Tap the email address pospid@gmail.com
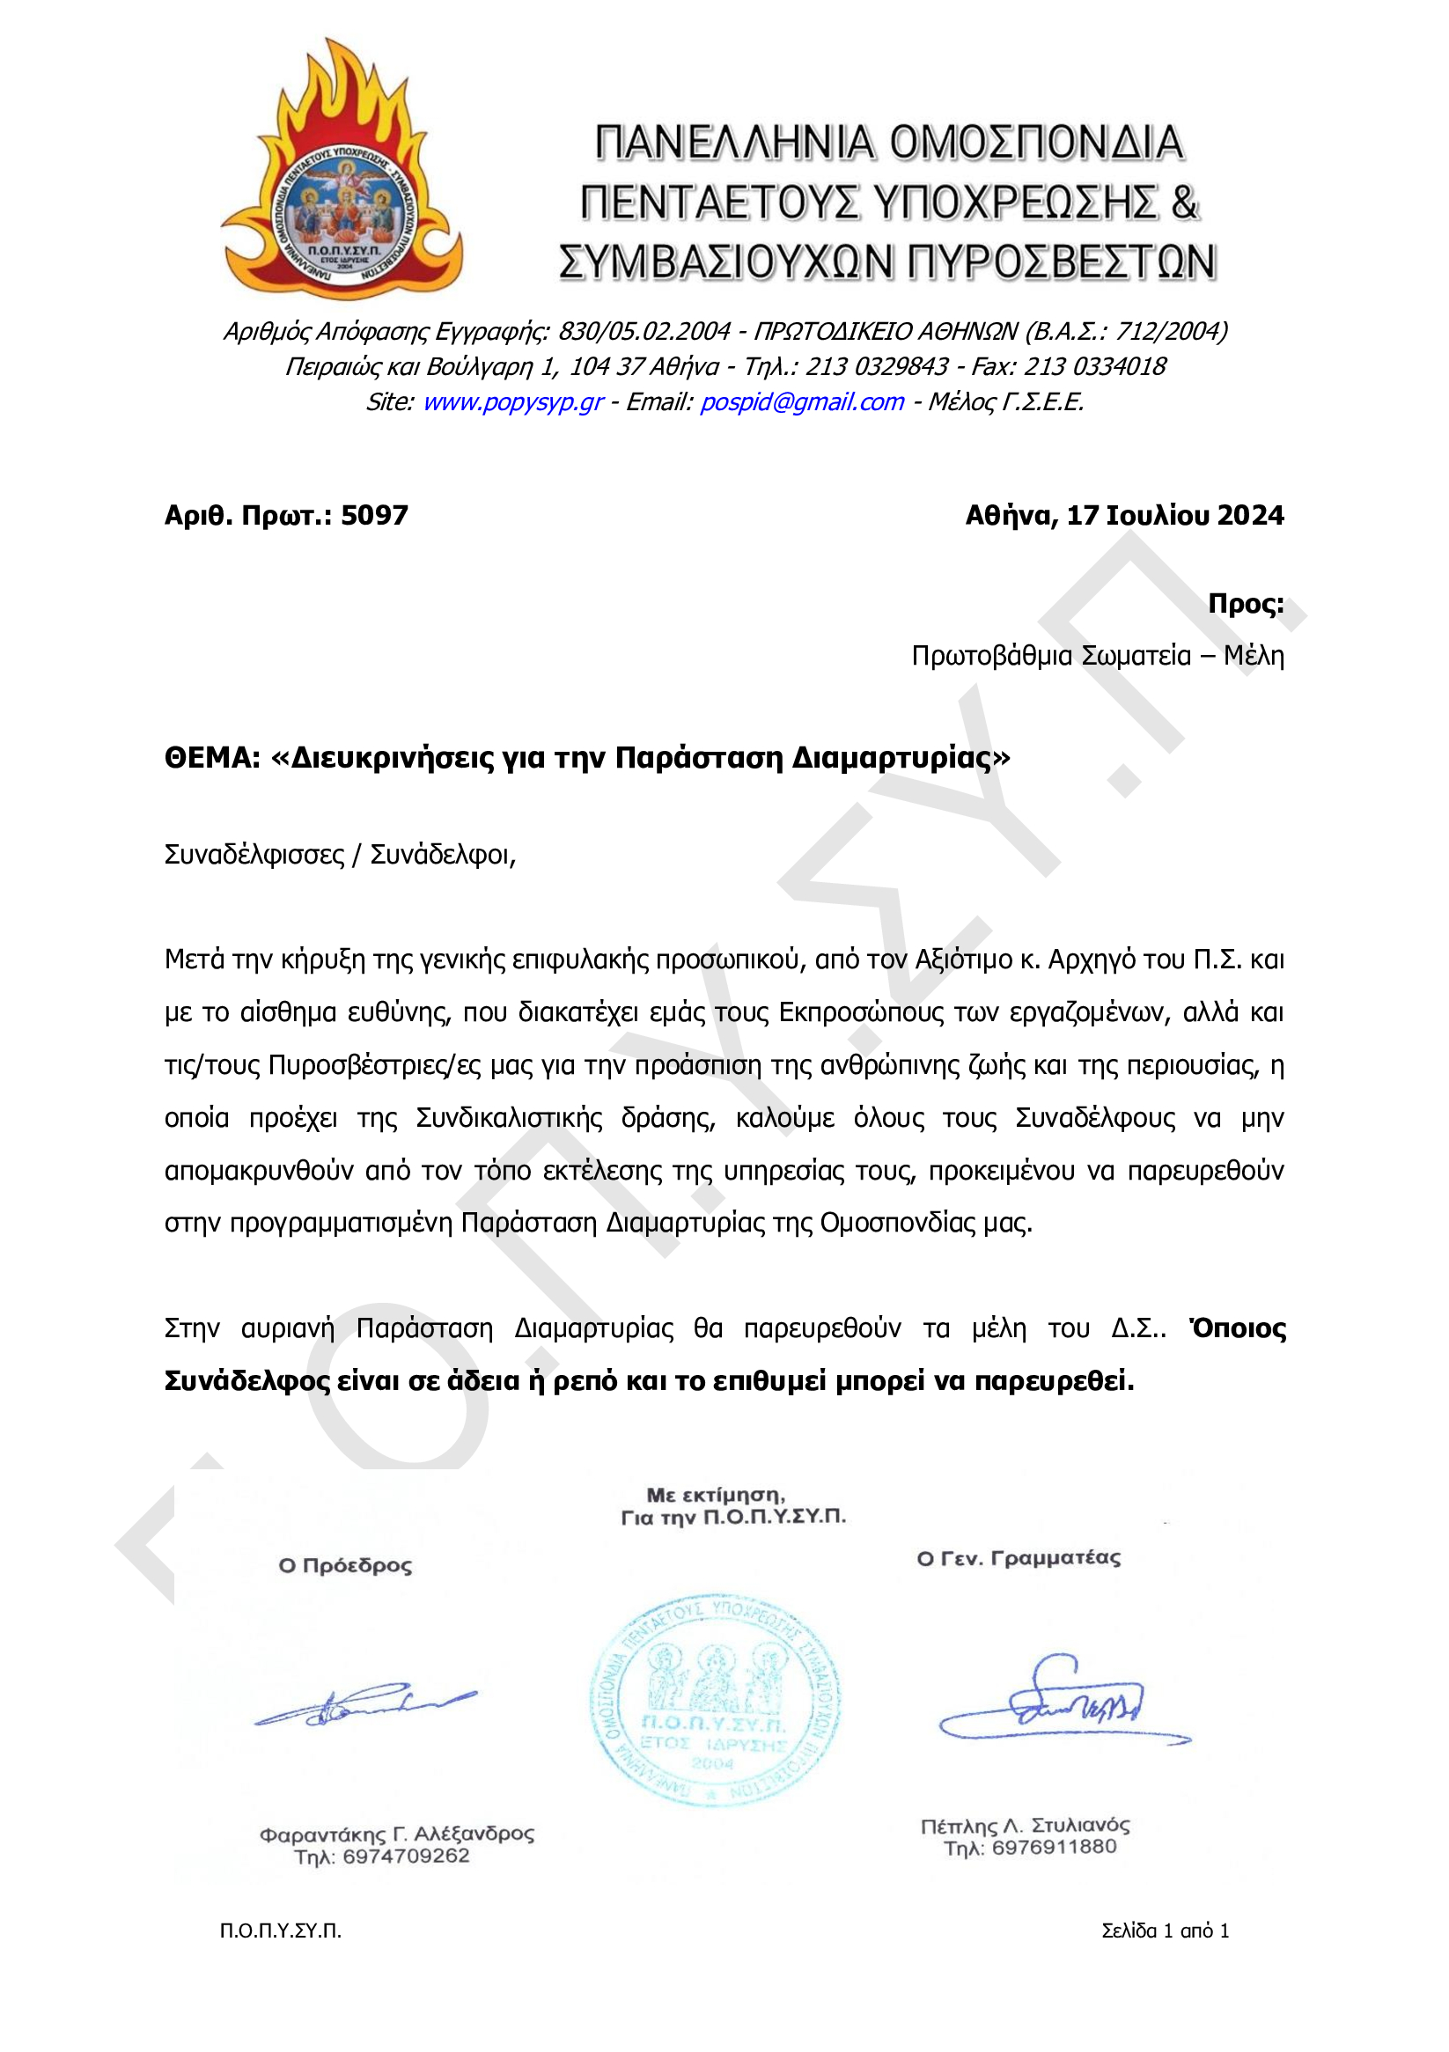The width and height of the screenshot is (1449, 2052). pyautogui.click(x=802, y=402)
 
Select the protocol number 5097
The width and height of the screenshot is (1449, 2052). pyautogui.click(x=374, y=516)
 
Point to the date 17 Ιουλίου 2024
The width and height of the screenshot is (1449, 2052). pyautogui.click(x=1174, y=516)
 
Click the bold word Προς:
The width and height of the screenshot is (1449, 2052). pyautogui.click(x=1245, y=603)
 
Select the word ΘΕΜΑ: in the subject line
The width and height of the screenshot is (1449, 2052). pyautogui.click(x=212, y=758)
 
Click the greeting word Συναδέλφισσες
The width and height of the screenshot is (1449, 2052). pyautogui.click(x=254, y=856)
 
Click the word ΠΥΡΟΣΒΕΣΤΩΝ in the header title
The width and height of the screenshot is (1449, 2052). pyautogui.click(x=1062, y=261)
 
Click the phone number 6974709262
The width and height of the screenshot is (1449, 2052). pyautogui.click(x=406, y=1857)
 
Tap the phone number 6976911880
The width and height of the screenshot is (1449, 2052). pyautogui.click(x=1054, y=1848)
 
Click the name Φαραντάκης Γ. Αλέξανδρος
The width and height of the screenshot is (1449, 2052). pyautogui.click(x=397, y=1834)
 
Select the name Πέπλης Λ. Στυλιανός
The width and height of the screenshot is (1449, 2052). pyautogui.click(x=1026, y=1825)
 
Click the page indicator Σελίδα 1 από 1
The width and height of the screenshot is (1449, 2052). pyautogui.click(x=1165, y=1931)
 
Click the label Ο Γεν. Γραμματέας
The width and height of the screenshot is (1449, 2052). pyautogui.click(x=1019, y=1559)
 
